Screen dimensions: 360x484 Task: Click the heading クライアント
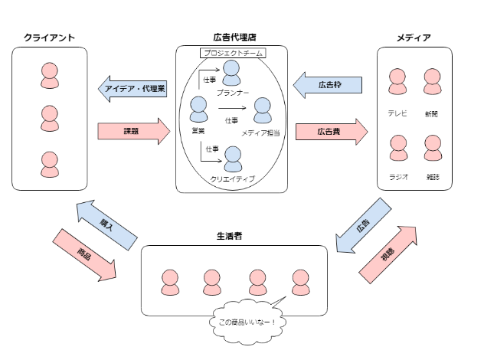point(48,37)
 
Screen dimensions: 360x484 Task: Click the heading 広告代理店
point(234,37)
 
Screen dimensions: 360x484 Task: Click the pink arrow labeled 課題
point(133,131)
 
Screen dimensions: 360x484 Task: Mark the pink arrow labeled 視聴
point(388,252)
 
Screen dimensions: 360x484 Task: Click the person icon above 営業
point(199,111)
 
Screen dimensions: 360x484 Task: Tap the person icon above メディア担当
point(261,111)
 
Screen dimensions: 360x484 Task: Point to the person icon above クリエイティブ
point(233,159)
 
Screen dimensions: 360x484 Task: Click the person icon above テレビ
point(397,82)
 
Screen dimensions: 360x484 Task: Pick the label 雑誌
point(434,177)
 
